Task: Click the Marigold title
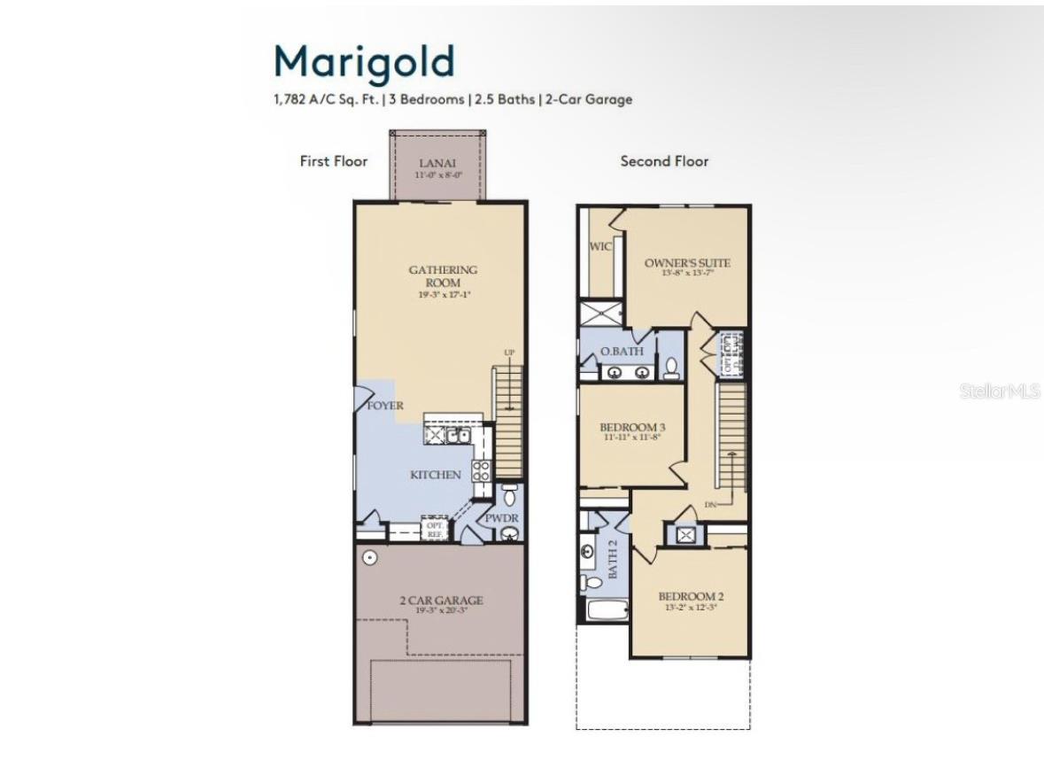pos(364,61)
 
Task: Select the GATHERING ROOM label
pos(443,275)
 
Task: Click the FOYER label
pos(385,406)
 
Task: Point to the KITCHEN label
pos(435,475)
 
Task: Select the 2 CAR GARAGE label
pos(440,601)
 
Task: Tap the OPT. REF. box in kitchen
pos(433,530)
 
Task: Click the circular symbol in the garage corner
pos(369,558)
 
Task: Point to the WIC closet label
pos(600,246)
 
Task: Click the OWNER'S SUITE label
pos(687,263)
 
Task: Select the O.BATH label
pos(622,352)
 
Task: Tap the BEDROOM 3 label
pos(633,428)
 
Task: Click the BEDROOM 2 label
pos(691,596)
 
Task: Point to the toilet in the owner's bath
pos(670,366)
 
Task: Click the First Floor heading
pos(333,161)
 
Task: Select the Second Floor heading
pos(664,161)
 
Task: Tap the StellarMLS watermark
pos(999,391)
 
